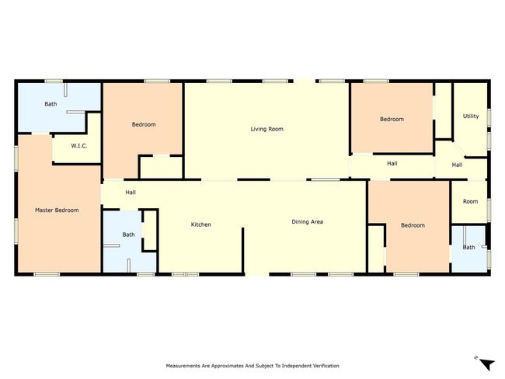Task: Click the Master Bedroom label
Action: click(57, 210)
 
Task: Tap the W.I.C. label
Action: click(79, 146)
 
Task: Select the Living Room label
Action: click(267, 129)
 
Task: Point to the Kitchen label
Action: click(201, 224)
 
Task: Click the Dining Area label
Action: click(307, 222)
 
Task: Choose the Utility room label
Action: click(471, 116)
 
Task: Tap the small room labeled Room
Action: click(470, 202)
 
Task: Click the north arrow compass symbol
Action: click(486, 364)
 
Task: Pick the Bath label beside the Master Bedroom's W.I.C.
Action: click(50, 104)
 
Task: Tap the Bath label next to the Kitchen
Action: click(128, 235)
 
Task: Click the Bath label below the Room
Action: click(468, 247)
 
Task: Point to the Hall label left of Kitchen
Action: click(131, 193)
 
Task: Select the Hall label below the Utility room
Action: click(457, 165)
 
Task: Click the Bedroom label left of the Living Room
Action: click(144, 124)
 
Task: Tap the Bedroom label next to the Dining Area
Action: click(413, 225)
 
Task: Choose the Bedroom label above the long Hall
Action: click(392, 119)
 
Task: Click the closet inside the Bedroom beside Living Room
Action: click(162, 167)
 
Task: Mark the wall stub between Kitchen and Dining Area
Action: click(243, 250)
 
